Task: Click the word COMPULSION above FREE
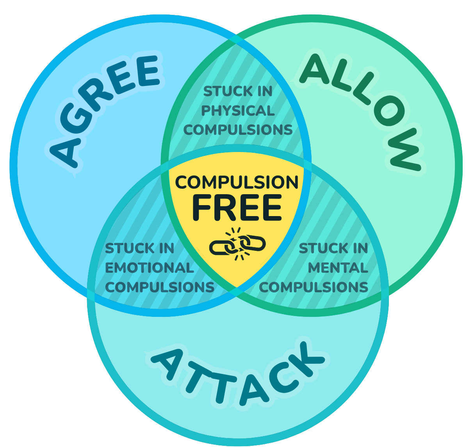click(237, 182)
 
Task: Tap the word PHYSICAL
click(238, 111)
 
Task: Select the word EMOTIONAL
click(150, 268)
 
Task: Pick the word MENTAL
click(338, 268)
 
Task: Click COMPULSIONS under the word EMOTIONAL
click(160, 288)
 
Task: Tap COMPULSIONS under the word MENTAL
click(314, 288)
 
